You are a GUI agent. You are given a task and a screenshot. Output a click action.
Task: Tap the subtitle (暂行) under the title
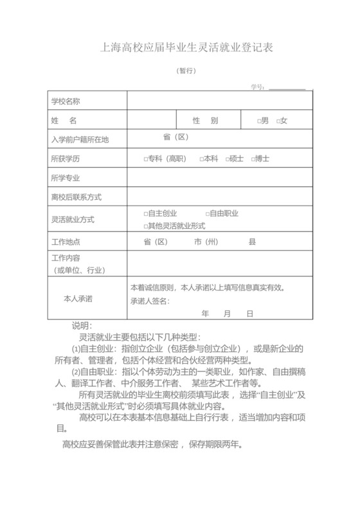point(186,71)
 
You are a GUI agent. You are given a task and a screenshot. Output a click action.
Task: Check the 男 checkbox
point(258,121)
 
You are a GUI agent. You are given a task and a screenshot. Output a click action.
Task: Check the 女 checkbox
point(277,121)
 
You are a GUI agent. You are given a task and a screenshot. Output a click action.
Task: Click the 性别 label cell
point(205,121)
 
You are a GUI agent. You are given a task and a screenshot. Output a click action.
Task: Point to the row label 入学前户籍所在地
point(80,139)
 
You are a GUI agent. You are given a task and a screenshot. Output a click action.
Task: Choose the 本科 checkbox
point(201,159)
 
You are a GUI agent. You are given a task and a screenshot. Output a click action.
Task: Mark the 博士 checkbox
point(253,159)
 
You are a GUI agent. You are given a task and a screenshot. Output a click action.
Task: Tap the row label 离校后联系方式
point(76,197)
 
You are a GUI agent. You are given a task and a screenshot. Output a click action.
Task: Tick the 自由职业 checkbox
point(208,213)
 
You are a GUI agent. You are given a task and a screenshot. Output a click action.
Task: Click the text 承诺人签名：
point(150,301)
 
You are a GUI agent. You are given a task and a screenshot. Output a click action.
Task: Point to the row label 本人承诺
point(77,299)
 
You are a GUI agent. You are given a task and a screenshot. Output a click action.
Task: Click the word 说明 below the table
point(82,326)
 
